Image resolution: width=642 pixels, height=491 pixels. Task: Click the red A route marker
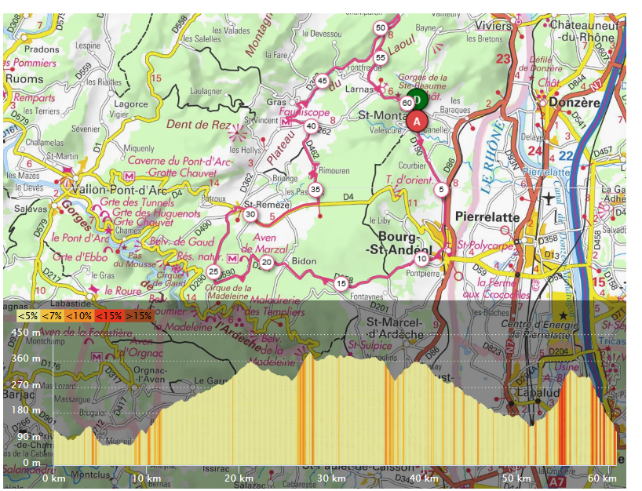pyautogui.click(x=417, y=121)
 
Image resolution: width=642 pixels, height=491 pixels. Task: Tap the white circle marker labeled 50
pyautogui.click(x=381, y=27)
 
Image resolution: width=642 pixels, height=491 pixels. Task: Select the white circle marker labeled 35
pyautogui.click(x=316, y=189)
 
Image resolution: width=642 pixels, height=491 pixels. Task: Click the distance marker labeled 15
pyautogui.click(x=341, y=283)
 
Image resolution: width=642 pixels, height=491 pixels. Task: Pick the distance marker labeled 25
pyautogui.click(x=213, y=271)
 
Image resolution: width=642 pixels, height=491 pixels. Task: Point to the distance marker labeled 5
pyautogui.click(x=442, y=189)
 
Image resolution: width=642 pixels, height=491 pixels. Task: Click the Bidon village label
pyautogui.click(x=304, y=260)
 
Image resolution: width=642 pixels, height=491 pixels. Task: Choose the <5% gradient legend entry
pyautogui.click(x=28, y=316)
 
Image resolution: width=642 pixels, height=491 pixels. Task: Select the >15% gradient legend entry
pyautogui.click(x=140, y=316)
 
